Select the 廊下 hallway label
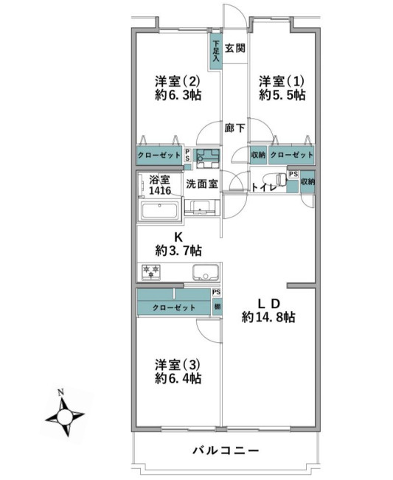pos(235,128)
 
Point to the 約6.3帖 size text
pos(178,95)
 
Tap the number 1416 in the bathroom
pos(159,191)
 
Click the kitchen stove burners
pos(152,272)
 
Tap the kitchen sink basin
pos(204,272)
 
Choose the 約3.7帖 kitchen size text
pos(178,251)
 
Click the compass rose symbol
pos(66,418)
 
